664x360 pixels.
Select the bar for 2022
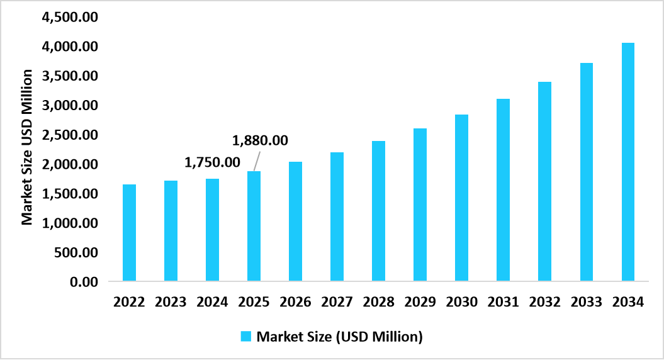(129, 232)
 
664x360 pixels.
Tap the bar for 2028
(378, 210)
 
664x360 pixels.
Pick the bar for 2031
(503, 189)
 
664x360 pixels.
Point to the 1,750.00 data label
(212, 162)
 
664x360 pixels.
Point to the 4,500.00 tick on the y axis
(70, 17)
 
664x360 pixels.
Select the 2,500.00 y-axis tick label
(70, 135)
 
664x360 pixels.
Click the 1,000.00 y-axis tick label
(70, 223)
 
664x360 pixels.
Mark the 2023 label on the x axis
(171, 302)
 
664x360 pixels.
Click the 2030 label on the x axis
(461, 302)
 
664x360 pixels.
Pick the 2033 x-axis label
(586, 302)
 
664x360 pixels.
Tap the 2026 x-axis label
(295, 302)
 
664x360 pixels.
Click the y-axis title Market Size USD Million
(27, 147)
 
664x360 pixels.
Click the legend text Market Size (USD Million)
(339, 336)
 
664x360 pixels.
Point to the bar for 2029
(420, 204)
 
